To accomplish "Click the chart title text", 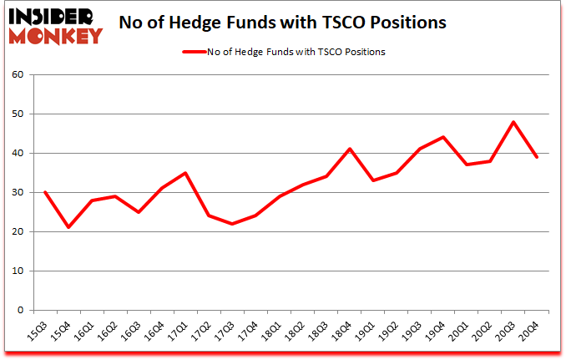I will (x=284, y=23).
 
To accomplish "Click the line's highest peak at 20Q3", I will (x=513, y=122).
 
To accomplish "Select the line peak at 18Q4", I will (x=349, y=149).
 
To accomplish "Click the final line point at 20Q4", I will (x=537, y=157).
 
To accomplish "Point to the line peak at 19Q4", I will (x=442, y=137).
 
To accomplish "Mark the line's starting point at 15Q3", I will (x=44, y=192).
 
